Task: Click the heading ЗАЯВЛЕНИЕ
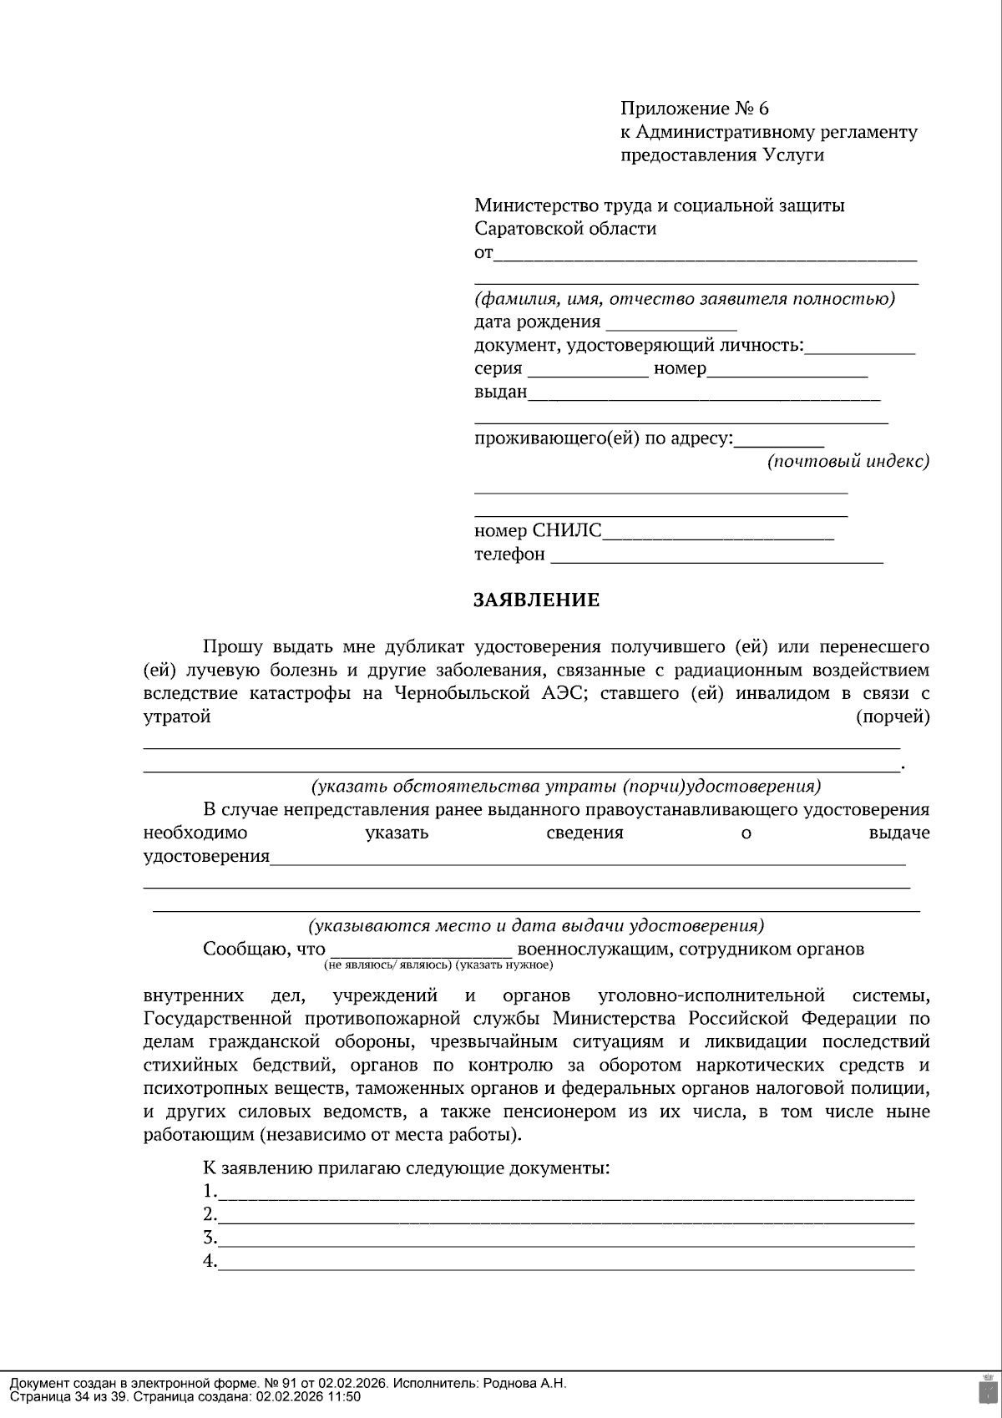point(536,600)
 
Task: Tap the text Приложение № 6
point(694,109)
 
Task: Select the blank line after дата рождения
point(671,324)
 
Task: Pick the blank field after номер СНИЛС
point(717,533)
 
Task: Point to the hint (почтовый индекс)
point(848,461)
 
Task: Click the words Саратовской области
point(565,229)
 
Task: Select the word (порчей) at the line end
point(893,717)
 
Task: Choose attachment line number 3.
point(565,1239)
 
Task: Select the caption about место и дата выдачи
point(536,925)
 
